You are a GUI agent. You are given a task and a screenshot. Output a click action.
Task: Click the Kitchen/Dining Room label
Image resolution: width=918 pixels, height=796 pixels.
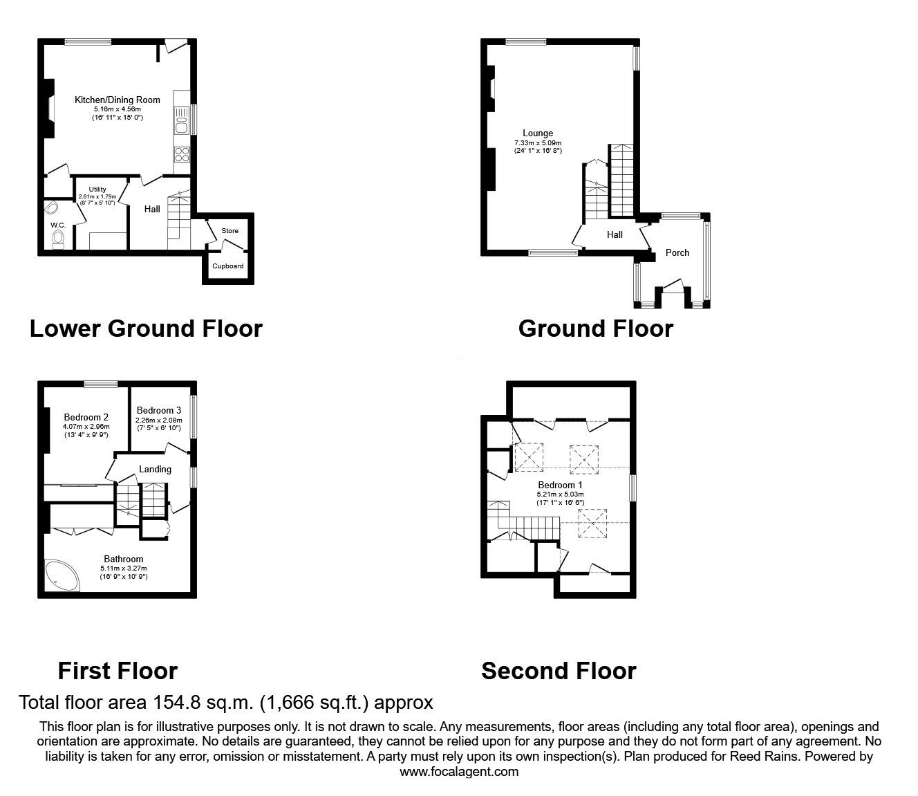[117, 100]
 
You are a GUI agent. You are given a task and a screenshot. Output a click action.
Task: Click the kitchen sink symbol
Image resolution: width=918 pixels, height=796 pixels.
[182, 121]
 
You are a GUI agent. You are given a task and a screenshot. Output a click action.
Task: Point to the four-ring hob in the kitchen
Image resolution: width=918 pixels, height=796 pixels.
[182, 155]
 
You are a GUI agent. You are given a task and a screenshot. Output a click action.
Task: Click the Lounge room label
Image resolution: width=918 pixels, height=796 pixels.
[537, 133]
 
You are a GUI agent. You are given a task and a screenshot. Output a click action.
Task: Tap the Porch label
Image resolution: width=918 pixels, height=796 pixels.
[677, 252]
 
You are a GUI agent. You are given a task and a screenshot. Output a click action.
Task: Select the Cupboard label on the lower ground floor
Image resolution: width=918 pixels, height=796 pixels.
[227, 266]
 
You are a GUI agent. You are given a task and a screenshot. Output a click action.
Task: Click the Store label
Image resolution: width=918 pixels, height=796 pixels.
[230, 230]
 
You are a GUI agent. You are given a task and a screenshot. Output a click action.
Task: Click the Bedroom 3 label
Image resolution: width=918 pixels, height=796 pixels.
[158, 410]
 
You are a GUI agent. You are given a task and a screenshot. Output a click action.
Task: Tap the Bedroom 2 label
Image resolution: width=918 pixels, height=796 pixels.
[86, 417]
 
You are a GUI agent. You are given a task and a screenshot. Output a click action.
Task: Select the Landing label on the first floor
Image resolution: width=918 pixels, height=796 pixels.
[155, 469]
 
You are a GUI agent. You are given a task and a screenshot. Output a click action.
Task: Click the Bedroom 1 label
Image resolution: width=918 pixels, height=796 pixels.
[560, 485]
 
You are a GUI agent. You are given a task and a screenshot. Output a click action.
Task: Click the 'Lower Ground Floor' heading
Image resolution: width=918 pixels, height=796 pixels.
[146, 328]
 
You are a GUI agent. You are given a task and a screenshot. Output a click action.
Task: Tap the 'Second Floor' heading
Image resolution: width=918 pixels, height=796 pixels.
[559, 671]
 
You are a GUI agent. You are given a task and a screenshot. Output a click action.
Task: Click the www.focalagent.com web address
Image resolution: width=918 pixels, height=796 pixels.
[459, 772]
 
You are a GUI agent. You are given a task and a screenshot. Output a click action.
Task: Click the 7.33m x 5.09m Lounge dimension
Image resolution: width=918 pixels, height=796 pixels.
[537, 143]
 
